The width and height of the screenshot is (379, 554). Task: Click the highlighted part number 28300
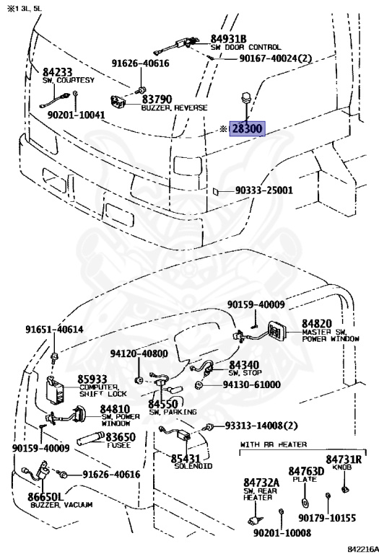tap(248, 129)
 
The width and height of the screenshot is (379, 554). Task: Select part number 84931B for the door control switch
tap(229, 38)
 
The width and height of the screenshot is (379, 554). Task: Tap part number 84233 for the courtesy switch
tap(57, 72)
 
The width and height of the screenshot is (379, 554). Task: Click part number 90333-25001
tap(263, 190)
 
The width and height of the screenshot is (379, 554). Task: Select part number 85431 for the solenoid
tap(186, 458)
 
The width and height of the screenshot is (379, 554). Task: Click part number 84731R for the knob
tap(343, 460)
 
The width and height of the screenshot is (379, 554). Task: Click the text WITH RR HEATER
tap(274, 444)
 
